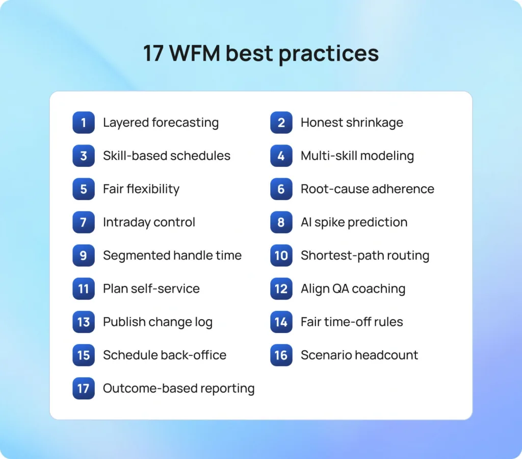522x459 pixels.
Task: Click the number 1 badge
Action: pyautogui.click(x=84, y=123)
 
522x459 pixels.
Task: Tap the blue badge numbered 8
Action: pyautogui.click(x=281, y=222)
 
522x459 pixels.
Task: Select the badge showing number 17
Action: pyautogui.click(x=84, y=389)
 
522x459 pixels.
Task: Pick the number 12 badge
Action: pyautogui.click(x=281, y=288)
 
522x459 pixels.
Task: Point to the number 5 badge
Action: pyautogui.click(x=84, y=189)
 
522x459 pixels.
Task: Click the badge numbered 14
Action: pyautogui.click(x=281, y=322)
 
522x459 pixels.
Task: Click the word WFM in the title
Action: pyautogui.click(x=195, y=53)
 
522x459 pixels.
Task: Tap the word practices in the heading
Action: pyautogui.click(x=329, y=54)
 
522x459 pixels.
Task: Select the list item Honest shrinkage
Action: pyautogui.click(x=352, y=123)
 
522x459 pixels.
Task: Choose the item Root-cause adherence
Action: pyautogui.click(x=368, y=189)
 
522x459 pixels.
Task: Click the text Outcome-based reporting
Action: pyautogui.click(x=179, y=389)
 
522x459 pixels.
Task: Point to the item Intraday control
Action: pyautogui.click(x=149, y=222)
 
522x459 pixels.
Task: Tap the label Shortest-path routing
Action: pyautogui.click(x=365, y=256)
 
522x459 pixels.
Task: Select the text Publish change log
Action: pyautogui.click(x=158, y=322)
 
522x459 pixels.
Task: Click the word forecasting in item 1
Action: pyautogui.click(x=186, y=123)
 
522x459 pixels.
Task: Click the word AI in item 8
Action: pyautogui.click(x=306, y=222)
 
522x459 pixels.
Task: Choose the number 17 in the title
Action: pyautogui.click(x=153, y=53)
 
